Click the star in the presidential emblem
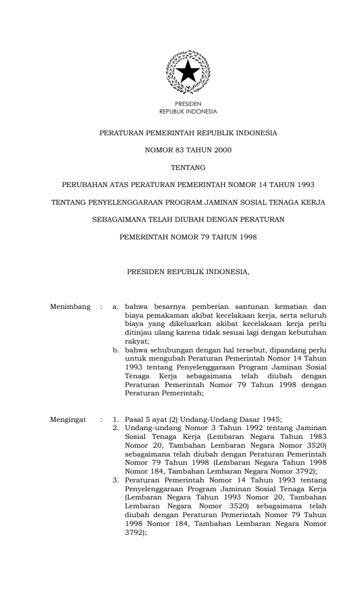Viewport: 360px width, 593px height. pos(188,72)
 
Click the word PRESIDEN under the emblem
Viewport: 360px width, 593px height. pos(188,104)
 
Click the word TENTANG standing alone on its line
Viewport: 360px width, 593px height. pos(188,168)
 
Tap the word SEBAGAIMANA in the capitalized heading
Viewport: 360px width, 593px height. pos(120,220)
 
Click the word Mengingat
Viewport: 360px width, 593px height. pos(69,419)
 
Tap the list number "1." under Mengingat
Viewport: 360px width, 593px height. pos(116,419)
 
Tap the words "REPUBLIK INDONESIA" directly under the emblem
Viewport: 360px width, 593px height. pos(188,111)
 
